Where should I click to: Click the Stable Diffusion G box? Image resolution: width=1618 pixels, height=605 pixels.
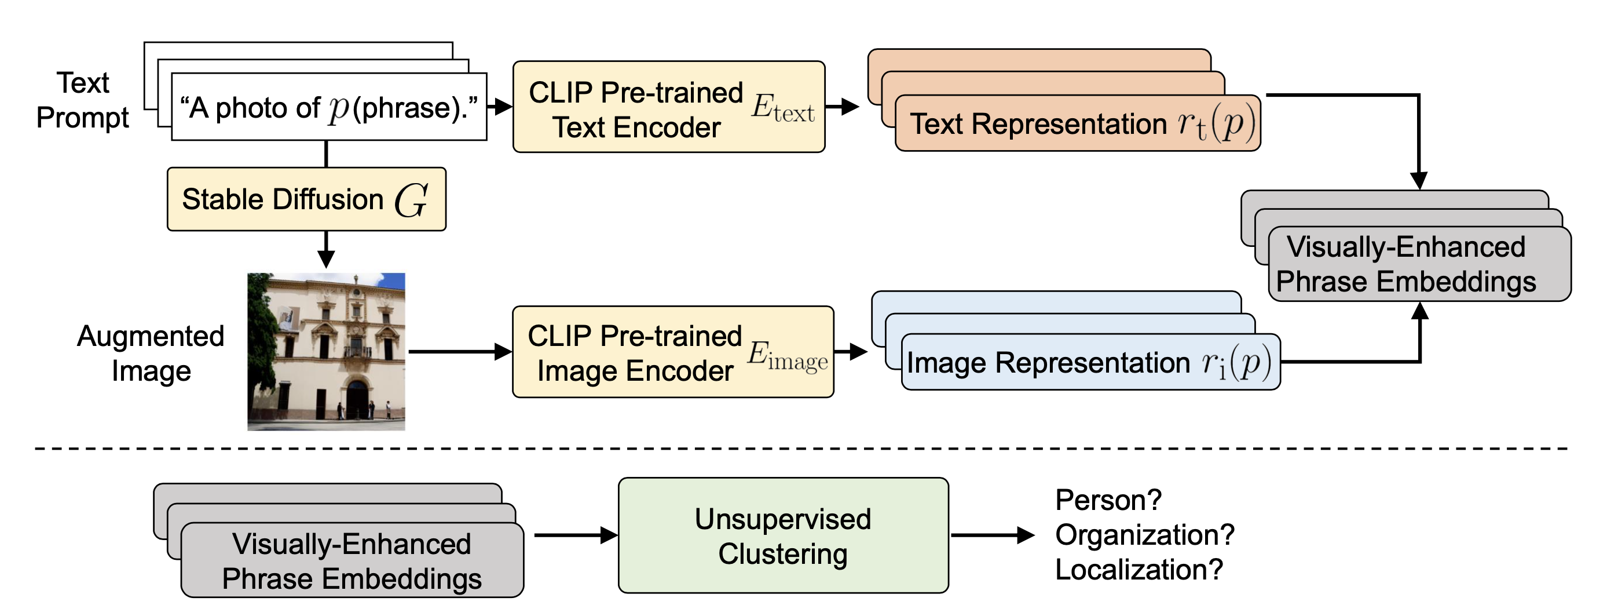point(306,199)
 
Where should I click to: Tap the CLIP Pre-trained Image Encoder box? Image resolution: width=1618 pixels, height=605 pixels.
point(672,352)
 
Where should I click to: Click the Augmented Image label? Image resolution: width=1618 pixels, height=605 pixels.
point(151,353)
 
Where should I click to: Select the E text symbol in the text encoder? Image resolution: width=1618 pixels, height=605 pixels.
point(782,108)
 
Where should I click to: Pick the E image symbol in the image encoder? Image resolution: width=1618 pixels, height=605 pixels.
point(786,356)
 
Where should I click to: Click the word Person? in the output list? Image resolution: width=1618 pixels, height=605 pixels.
point(1108,500)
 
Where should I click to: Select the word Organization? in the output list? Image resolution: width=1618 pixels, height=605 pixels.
point(1144,535)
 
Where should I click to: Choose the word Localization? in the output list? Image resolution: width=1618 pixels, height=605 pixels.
point(1138,569)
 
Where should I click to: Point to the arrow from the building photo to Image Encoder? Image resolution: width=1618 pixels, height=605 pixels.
point(459,352)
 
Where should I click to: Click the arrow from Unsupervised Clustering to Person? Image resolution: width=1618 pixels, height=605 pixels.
point(993,535)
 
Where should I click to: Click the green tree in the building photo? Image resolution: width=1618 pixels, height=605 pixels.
point(261,327)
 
